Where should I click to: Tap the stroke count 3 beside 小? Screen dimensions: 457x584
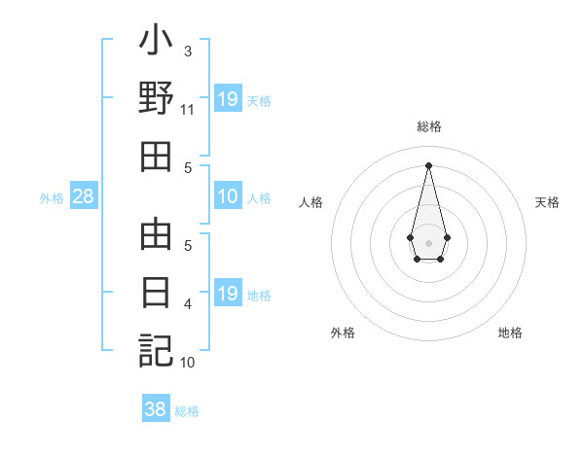click(187, 50)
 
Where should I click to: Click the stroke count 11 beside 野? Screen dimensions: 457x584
click(188, 109)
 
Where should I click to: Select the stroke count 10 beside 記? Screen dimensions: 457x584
click(188, 363)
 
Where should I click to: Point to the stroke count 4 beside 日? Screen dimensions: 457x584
click(188, 304)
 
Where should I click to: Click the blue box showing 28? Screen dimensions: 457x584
click(84, 196)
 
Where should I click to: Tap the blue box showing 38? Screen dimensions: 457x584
click(155, 409)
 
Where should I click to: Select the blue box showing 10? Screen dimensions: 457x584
click(228, 196)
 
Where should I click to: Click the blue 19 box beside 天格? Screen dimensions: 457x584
click(228, 99)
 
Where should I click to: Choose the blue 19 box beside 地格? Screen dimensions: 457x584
click(228, 294)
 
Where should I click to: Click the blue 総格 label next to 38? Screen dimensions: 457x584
click(187, 411)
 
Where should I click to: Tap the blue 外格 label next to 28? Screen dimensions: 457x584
click(52, 198)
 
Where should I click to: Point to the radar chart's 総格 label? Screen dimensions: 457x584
click(429, 126)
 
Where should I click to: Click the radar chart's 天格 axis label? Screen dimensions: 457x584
click(548, 202)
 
